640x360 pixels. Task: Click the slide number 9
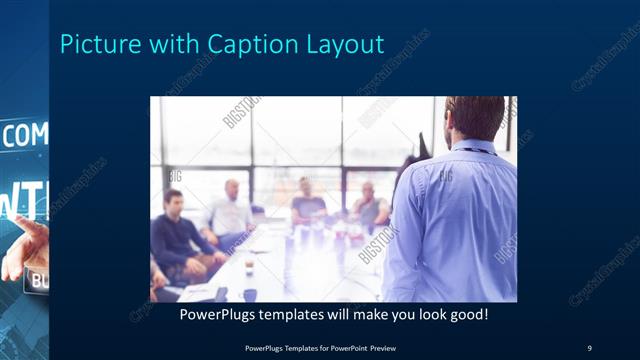[589, 347]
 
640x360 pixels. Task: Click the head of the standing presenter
[473, 117]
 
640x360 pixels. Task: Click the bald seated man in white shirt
[230, 212]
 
